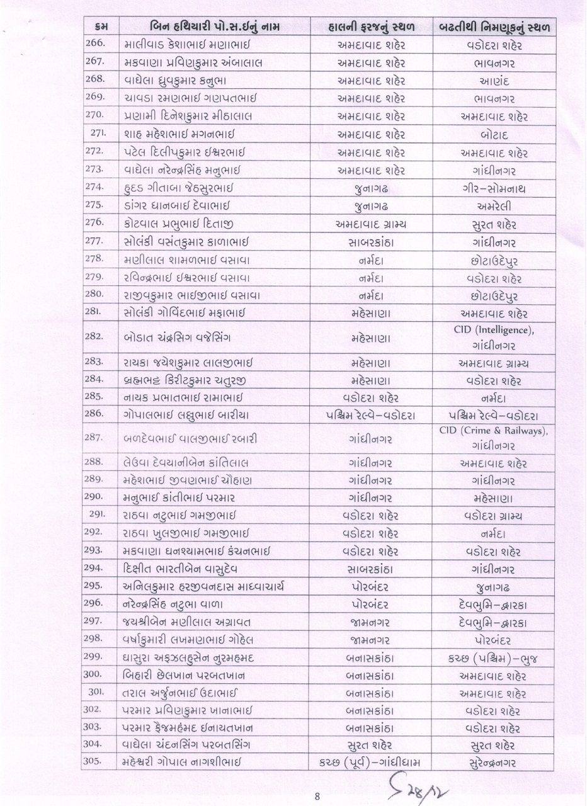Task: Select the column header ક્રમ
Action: pos(99,27)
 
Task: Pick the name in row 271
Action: pos(178,135)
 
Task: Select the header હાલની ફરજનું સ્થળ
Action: pos(371,27)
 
